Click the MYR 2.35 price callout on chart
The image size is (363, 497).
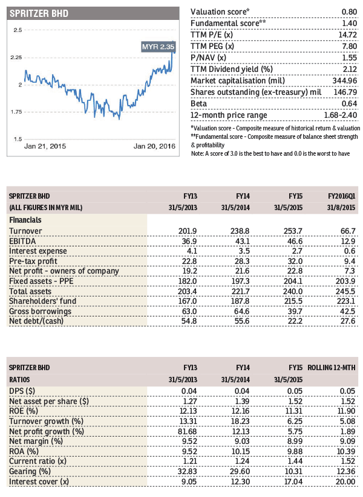click(x=158, y=47)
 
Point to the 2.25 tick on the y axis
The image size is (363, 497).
click(x=16, y=57)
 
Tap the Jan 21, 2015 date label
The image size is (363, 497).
click(x=45, y=146)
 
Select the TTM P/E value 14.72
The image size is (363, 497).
click(x=348, y=35)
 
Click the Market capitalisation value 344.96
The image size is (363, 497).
click(x=345, y=81)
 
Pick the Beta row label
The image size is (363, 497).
click(x=198, y=104)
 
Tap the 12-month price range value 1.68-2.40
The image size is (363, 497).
click(x=341, y=115)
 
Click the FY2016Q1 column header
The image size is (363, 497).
click(x=341, y=196)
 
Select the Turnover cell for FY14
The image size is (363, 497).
click(x=240, y=231)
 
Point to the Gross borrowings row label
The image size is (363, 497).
click(x=41, y=311)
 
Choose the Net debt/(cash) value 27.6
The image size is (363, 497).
click(x=348, y=321)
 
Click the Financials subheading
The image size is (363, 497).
click(x=25, y=220)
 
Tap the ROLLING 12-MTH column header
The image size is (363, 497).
click(x=332, y=368)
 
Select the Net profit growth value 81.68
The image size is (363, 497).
click(x=188, y=431)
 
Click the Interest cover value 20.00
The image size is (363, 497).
click(x=345, y=482)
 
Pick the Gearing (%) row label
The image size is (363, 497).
click(x=30, y=472)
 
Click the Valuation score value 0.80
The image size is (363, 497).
click(x=349, y=11)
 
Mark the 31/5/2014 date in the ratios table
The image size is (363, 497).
click(x=235, y=379)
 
